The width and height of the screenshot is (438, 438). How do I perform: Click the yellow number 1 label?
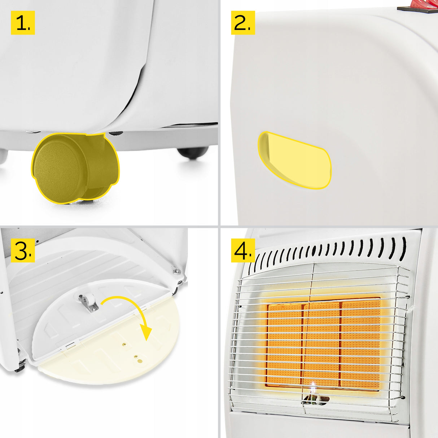23,23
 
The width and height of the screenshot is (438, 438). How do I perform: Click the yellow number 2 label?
243,23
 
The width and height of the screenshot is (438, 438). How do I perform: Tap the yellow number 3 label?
23,250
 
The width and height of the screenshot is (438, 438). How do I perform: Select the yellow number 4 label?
243,250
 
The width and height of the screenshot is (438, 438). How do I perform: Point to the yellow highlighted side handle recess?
294,160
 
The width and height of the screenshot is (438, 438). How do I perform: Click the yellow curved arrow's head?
146,333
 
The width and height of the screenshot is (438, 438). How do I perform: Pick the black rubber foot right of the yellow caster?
193,153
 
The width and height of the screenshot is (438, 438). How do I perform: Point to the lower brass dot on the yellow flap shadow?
140,360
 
